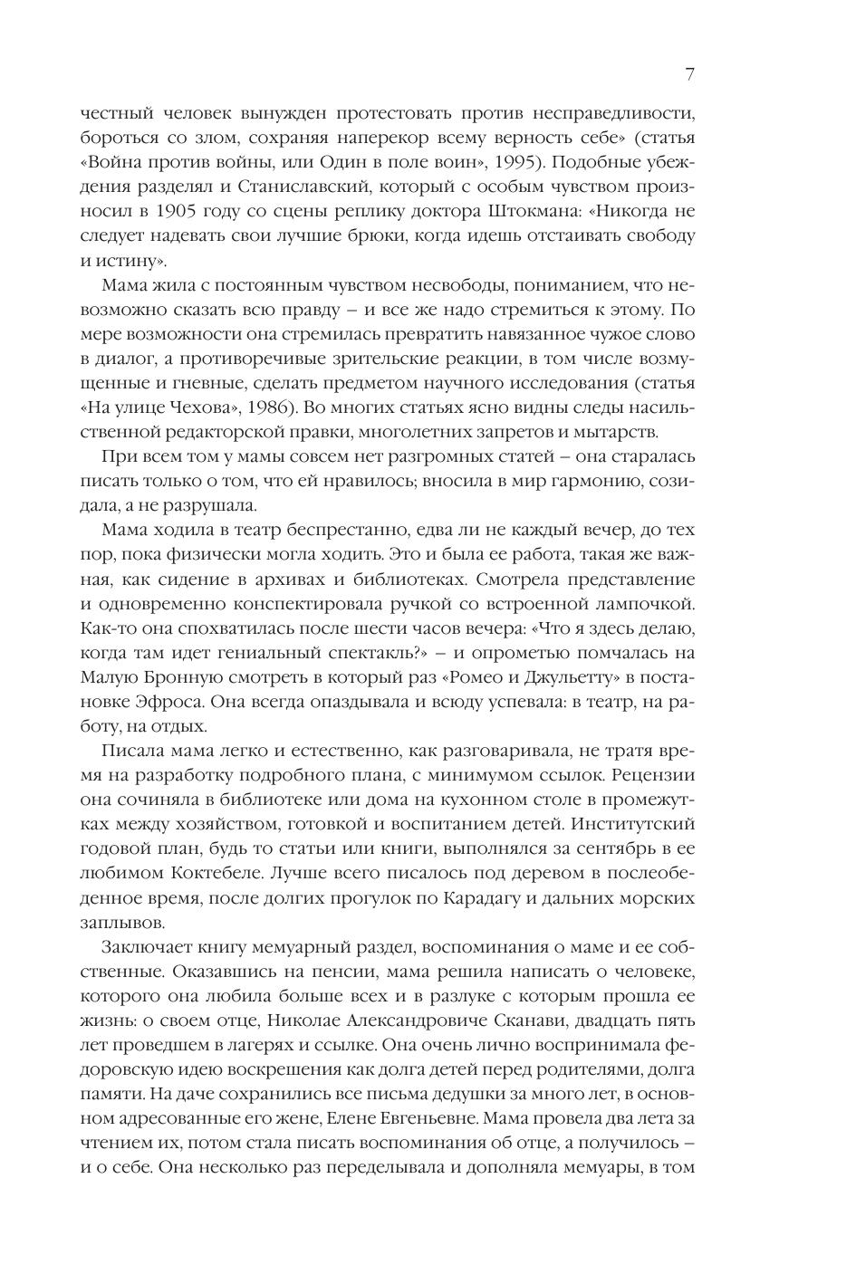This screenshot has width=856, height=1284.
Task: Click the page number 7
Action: pyautogui.click(x=689, y=74)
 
